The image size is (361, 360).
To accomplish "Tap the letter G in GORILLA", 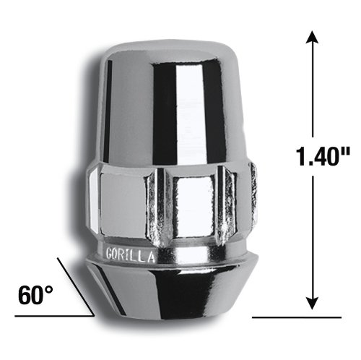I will tap(110, 254).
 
